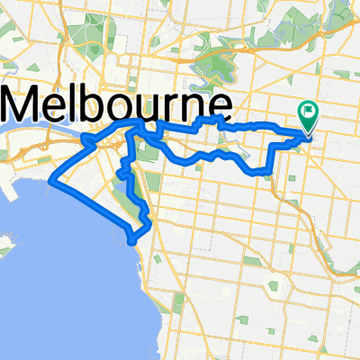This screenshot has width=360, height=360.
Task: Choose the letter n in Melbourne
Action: (193, 104)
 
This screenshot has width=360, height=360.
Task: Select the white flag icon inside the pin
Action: (309, 112)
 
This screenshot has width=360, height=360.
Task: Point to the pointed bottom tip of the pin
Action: (308, 136)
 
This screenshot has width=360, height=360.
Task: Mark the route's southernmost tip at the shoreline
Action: (133, 241)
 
